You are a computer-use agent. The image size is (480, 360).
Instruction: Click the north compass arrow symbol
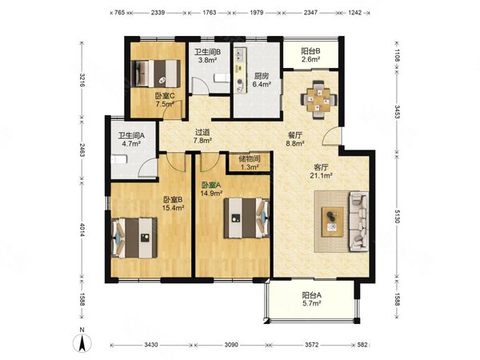click(82, 343)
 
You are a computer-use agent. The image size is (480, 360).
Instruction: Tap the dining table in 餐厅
click(318, 99)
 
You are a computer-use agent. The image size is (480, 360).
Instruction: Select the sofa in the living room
click(358, 220)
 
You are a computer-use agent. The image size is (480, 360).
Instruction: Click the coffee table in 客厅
click(332, 222)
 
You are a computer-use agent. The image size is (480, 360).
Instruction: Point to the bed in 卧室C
click(155, 74)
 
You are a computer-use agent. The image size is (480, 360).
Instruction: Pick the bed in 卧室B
click(134, 238)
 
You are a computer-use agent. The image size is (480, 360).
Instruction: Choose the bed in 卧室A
click(246, 218)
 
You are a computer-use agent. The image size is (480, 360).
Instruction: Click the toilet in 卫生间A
click(118, 159)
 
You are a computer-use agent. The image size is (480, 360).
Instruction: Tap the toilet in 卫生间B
click(222, 78)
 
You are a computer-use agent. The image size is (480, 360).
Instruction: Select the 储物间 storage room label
click(250, 159)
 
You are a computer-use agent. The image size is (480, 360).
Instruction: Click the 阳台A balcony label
click(312, 295)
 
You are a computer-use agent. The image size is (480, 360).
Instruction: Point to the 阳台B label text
click(310, 51)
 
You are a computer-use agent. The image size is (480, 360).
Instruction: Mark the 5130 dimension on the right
click(397, 217)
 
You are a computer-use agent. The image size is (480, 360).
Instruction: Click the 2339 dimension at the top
click(158, 13)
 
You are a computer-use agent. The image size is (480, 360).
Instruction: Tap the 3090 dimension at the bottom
click(231, 345)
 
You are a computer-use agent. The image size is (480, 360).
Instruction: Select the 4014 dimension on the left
click(82, 230)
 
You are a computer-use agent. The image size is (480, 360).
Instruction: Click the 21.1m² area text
click(322, 176)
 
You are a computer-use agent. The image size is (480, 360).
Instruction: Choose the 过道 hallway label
click(202, 132)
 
